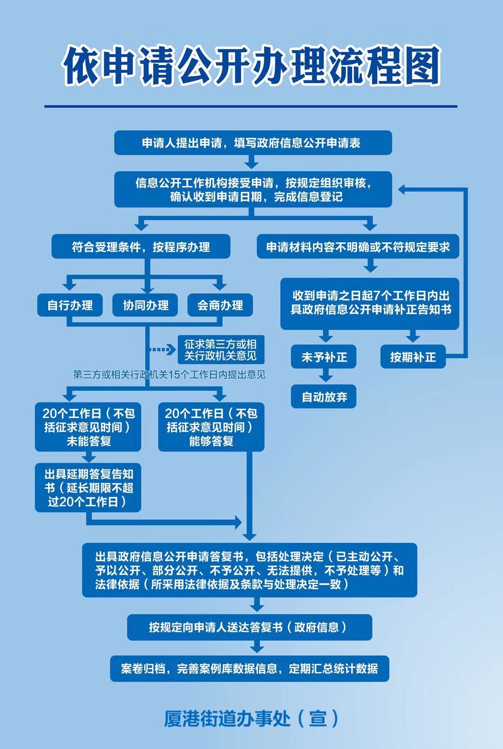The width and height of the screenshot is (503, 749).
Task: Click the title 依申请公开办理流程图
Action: (251, 66)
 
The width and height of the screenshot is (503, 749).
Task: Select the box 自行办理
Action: (70, 305)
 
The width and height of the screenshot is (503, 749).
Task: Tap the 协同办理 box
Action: (145, 305)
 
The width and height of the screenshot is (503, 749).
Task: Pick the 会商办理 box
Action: (220, 305)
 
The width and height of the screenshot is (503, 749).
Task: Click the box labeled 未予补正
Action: (324, 357)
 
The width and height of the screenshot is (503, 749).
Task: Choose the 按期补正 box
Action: (413, 357)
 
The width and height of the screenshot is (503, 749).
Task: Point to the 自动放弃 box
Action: (324, 397)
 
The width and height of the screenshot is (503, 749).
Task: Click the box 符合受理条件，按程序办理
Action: (141, 247)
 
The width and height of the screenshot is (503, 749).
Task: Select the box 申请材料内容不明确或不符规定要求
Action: (358, 247)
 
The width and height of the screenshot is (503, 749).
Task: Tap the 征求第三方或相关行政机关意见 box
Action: (221, 350)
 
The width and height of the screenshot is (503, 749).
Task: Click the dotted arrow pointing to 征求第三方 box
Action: (163, 350)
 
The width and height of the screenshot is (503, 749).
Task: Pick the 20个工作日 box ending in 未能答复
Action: (88, 427)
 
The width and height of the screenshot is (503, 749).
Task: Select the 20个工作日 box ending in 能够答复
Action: (211, 427)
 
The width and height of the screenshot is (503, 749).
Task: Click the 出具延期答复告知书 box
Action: (88, 488)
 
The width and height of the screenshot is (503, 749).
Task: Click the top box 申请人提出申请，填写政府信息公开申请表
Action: (253, 143)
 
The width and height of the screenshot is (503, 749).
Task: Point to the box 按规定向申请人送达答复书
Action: (250, 627)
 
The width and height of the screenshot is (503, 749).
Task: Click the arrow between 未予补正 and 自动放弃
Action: (326, 375)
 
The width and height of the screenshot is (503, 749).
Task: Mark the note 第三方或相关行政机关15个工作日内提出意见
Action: (169, 375)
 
